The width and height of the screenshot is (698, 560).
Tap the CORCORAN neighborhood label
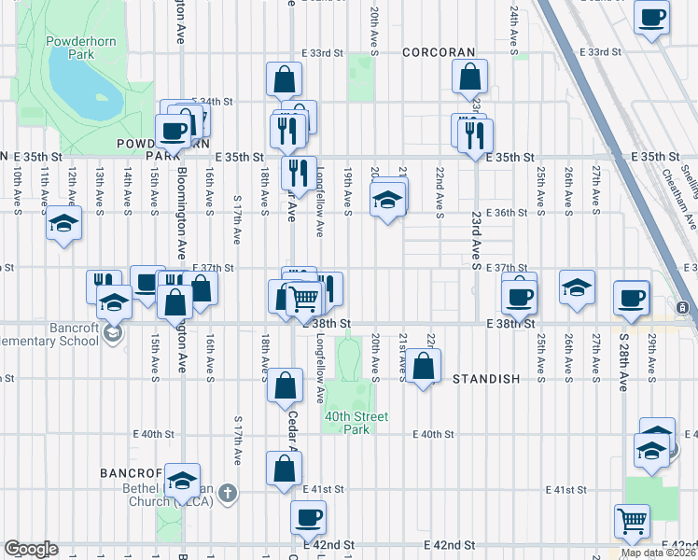(439, 53)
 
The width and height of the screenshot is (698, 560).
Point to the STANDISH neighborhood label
(485, 380)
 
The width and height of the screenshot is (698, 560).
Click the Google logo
(31, 549)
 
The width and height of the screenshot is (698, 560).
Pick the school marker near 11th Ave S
(63, 224)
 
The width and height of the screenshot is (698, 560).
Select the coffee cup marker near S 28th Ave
(631, 298)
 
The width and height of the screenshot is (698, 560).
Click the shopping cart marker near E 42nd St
(632, 521)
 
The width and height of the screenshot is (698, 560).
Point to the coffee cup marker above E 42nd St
(308, 516)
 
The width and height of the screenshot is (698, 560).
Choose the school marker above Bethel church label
(182, 481)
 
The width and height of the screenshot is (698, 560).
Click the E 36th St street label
(510, 213)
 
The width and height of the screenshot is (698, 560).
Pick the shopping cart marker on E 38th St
(303, 299)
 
